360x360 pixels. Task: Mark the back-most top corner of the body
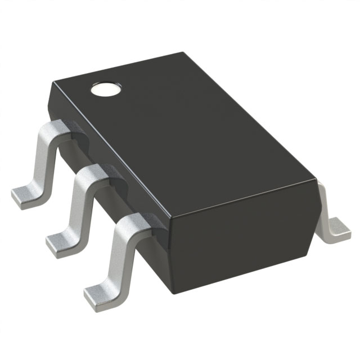183,53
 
